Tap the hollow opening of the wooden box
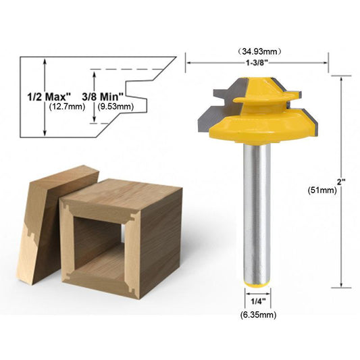99,244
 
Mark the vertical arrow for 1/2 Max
45,99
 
